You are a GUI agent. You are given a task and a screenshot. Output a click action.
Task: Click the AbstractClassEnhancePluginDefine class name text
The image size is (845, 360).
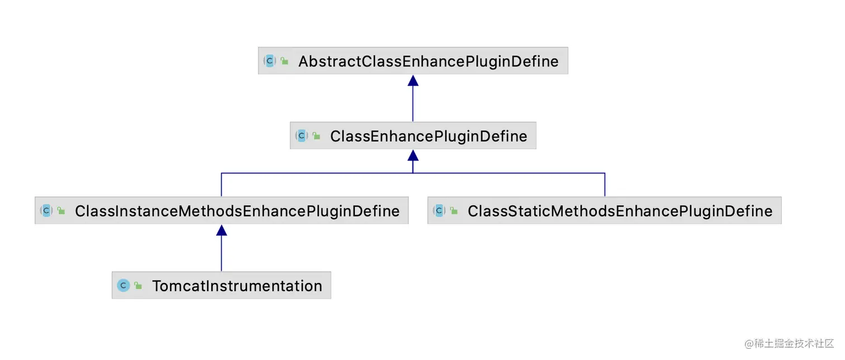(428, 61)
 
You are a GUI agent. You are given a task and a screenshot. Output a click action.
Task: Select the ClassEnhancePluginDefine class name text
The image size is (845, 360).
(428, 136)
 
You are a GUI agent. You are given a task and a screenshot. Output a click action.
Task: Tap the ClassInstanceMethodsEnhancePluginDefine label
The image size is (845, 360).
(237, 211)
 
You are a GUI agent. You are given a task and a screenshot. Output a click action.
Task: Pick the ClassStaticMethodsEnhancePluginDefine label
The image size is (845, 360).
(620, 211)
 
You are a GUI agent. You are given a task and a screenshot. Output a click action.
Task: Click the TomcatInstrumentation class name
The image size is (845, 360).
(237, 286)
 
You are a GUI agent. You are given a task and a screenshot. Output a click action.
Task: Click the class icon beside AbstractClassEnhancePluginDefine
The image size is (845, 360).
(270, 61)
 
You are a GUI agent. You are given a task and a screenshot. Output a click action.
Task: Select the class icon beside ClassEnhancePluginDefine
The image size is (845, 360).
(302, 136)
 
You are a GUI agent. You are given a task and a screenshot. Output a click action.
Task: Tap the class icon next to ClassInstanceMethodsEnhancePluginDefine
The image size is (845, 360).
(46, 211)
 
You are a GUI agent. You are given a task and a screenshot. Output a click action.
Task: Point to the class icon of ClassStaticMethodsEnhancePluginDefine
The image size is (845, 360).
(439, 211)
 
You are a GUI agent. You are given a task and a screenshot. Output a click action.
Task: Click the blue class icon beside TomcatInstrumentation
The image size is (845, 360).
(124, 286)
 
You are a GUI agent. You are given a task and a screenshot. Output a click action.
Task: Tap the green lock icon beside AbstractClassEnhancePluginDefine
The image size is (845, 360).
(285, 61)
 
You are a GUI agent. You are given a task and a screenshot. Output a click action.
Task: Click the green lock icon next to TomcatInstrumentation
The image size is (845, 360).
(138, 286)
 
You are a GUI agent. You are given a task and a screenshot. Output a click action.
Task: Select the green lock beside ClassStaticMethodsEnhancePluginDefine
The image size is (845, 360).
(454, 211)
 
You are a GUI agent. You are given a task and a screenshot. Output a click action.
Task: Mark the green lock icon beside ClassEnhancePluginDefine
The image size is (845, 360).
(316, 136)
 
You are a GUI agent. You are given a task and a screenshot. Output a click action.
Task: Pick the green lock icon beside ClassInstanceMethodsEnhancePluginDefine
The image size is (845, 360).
(61, 211)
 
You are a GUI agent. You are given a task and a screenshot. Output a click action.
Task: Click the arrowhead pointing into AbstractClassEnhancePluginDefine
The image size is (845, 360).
(413, 80)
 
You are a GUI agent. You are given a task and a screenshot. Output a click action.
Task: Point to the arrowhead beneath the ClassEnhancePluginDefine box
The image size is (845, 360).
(413, 155)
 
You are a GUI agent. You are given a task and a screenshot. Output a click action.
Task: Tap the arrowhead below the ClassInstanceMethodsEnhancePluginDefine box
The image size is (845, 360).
(221, 230)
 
